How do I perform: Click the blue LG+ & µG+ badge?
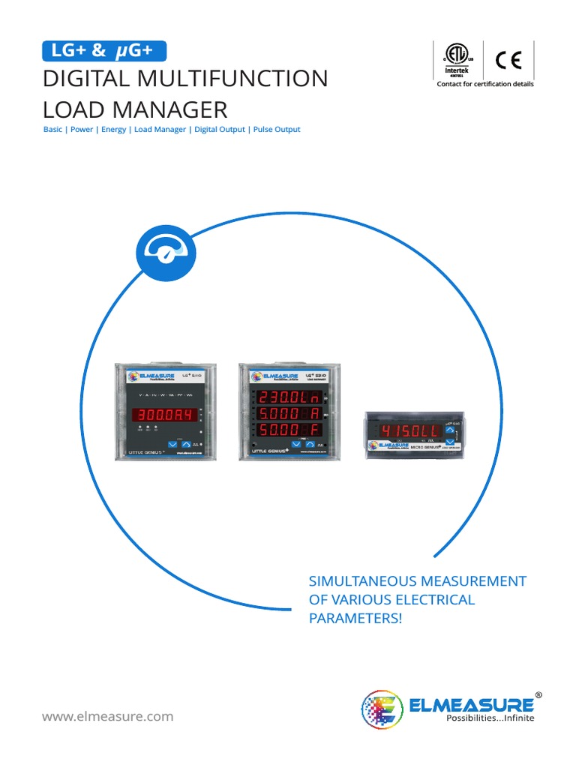coord(104,51)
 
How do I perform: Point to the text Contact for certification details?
coord(485,85)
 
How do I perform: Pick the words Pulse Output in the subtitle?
coord(276,130)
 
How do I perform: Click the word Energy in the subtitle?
coord(114,130)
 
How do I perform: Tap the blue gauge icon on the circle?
coord(166,251)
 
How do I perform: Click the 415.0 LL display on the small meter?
coord(405,431)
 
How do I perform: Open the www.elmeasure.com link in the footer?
coord(107,716)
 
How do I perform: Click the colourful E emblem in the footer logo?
coord(382,709)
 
